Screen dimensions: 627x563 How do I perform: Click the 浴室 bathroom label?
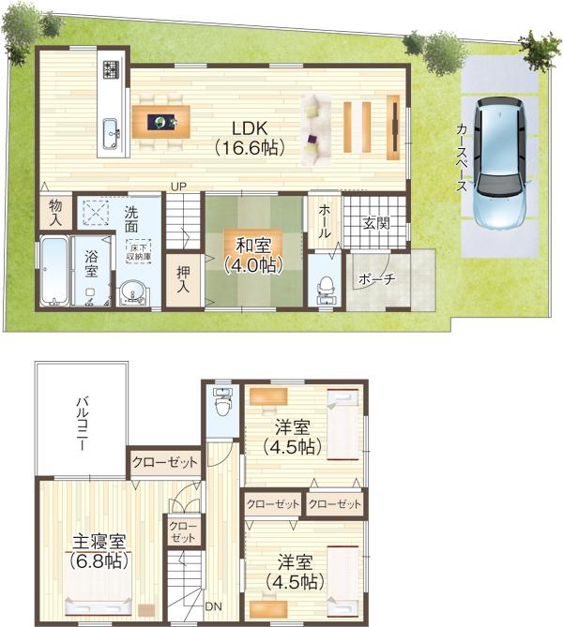tap(91, 263)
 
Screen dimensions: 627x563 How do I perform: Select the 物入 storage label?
tap(55, 212)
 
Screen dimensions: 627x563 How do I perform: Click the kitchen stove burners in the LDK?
tap(112, 70)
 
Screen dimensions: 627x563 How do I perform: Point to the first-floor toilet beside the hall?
tap(326, 285)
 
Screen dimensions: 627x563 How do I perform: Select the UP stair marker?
tap(176, 186)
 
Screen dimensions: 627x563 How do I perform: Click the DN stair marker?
tap(214, 605)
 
